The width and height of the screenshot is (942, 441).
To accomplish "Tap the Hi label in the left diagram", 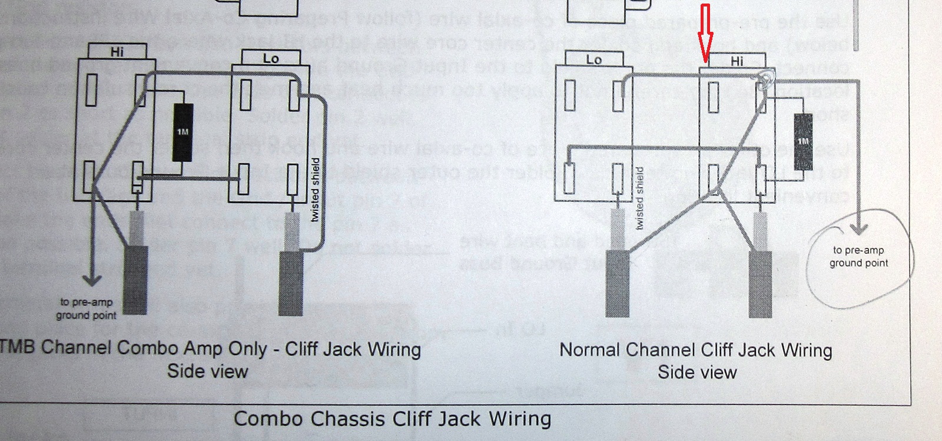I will click(x=117, y=52).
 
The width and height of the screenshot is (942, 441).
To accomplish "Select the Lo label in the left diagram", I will click(x=270, y=59).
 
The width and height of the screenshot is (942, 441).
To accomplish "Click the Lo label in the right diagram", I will click(x=594, y=59).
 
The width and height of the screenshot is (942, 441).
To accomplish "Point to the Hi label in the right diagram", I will click(x=737, y=61).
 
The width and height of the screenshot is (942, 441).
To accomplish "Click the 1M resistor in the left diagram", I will click(x=183, y=131).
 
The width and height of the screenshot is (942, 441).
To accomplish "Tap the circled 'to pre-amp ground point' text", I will click(x=858, y=257).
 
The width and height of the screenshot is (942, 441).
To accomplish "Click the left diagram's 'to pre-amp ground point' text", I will click(x=85, y=309).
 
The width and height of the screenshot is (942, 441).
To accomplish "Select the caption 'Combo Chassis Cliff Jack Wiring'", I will click(x=392, y=419).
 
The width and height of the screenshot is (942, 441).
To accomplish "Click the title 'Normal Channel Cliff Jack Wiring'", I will click(x=695, y=350).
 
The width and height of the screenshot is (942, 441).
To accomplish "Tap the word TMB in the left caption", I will click(x=18, y=347).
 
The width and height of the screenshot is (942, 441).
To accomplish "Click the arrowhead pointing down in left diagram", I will click(x=91, y=280).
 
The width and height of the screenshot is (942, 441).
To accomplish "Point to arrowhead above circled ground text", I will click(x=861, y=232).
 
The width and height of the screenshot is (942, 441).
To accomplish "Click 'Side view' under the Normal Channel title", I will click(x=696, y=372).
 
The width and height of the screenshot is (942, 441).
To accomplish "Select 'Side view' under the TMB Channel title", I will click(x=207, y=371).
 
